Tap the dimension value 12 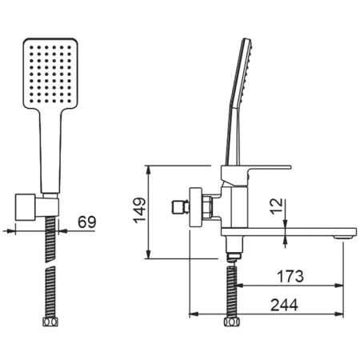click(x=275, y=207)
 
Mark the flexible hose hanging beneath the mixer click(x=233, y=288)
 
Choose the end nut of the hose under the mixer click(x=233, y=323)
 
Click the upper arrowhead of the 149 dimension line click(x=148, y=167)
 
